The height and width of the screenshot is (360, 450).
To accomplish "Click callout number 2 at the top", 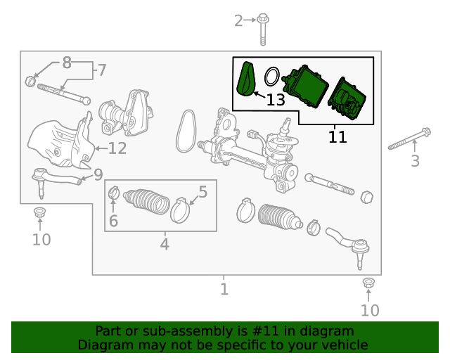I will pos(238,20).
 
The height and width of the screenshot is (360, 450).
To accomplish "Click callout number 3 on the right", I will pos(415,161).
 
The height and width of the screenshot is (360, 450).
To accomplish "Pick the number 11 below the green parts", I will pos(337,136).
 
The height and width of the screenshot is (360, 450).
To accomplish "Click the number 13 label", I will pos(276,100).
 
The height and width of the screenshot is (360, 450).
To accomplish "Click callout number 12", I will pos(117,148).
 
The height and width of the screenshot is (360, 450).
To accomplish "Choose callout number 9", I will pos(98,174).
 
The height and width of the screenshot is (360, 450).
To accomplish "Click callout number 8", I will pos(67,63).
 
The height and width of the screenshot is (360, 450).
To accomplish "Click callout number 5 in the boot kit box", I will pos(202,191).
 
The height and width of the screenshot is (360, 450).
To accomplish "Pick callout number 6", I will pos(113,221).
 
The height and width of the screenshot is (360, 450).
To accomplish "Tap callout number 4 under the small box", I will pos(165,245).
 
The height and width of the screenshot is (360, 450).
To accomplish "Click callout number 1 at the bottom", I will pos(224,289).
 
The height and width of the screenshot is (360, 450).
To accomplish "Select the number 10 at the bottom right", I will pos(370,310).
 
